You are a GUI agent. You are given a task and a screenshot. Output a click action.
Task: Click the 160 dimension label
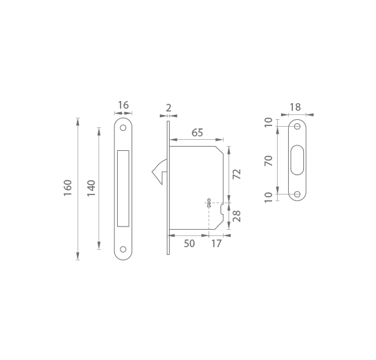[x=68, y=188]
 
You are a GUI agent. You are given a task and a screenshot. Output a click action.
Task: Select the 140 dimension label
[x=91, y=188]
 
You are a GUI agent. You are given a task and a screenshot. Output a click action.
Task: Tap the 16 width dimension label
[x=123, y=105]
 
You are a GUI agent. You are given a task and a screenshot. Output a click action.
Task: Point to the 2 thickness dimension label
[x=168, y=108]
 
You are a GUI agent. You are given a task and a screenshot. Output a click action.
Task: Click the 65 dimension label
[x=197, y=132]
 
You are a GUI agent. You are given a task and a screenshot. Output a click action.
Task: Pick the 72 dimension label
[x=237, y=174]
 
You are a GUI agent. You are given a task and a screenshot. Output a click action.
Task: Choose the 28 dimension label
[x=237, y=216]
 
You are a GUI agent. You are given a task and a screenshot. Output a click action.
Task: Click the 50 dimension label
[x=189, y=244]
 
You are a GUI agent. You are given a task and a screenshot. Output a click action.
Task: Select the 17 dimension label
[x=216, y=244]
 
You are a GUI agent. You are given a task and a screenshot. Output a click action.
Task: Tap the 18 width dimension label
[x=295, y=107]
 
